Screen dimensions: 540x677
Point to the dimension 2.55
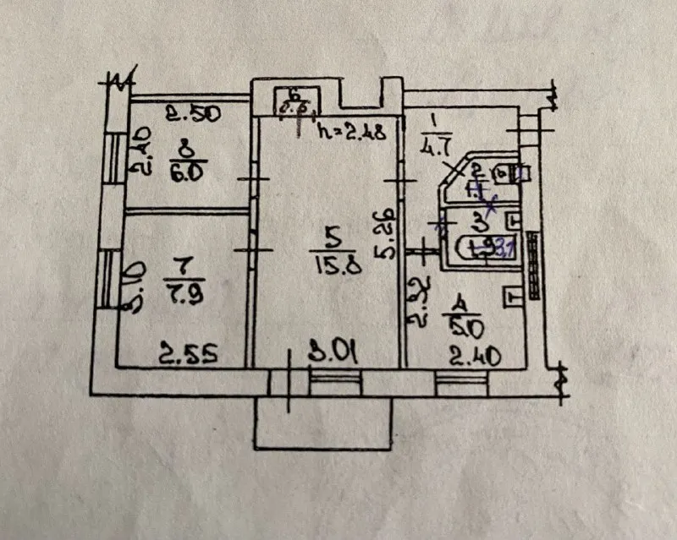point(188,353)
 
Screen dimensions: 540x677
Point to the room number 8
point(184,152)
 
